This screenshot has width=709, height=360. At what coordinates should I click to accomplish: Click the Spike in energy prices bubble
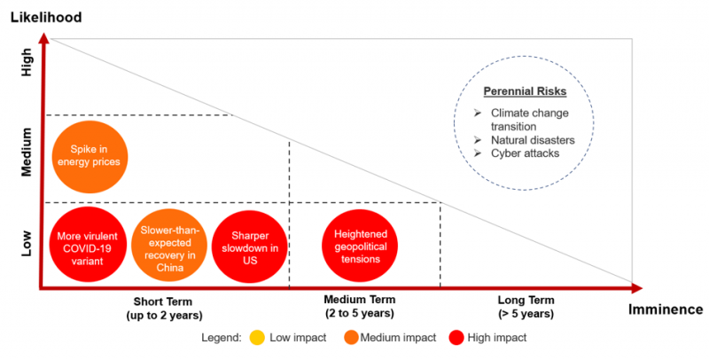pos(89,156)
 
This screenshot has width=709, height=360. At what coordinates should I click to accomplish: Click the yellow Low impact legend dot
pos(258,338)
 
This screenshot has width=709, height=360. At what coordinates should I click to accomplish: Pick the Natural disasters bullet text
pos(533,140)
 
